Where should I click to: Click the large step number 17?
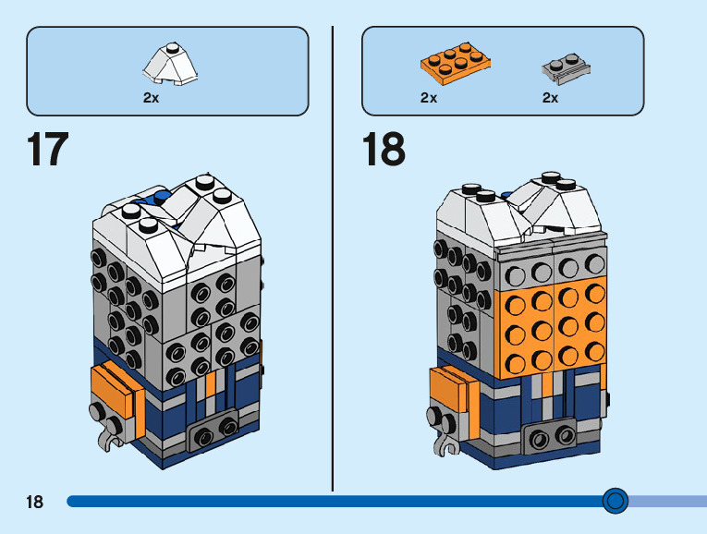47,150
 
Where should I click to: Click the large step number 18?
384,150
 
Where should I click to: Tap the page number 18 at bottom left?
34,503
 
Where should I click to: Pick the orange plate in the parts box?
455,64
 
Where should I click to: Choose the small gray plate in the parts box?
565,67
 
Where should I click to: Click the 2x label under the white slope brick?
152,98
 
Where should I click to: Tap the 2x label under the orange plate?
429,98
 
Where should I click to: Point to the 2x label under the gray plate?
551,98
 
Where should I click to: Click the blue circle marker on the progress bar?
615,501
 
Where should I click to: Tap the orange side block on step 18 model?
450,388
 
